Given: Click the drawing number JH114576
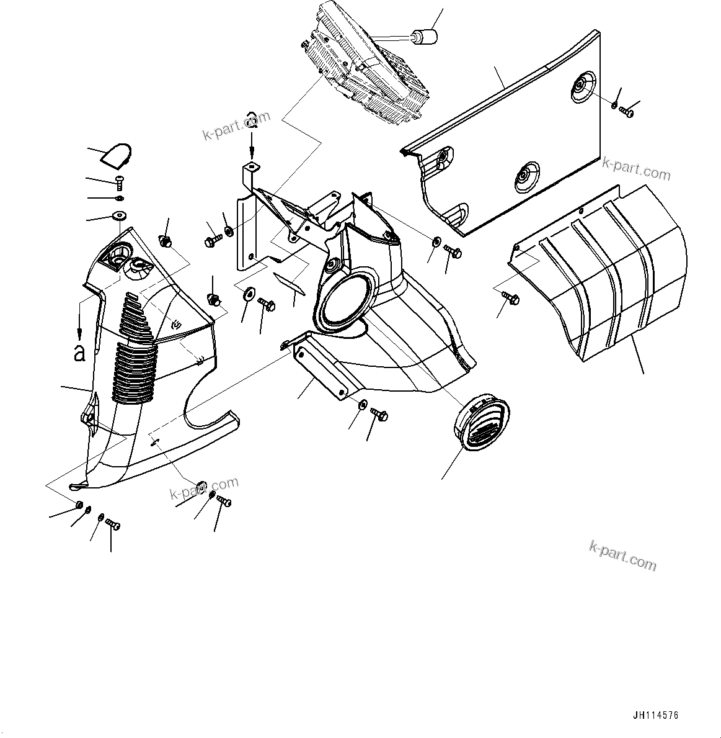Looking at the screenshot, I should pos(655,716).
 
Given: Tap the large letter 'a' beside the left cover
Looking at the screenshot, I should pos(79,352).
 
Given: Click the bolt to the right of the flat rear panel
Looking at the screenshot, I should pos(626,112).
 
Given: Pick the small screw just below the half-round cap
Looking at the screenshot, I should pos(120,182).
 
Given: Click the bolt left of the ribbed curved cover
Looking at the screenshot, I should pos(513,299).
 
